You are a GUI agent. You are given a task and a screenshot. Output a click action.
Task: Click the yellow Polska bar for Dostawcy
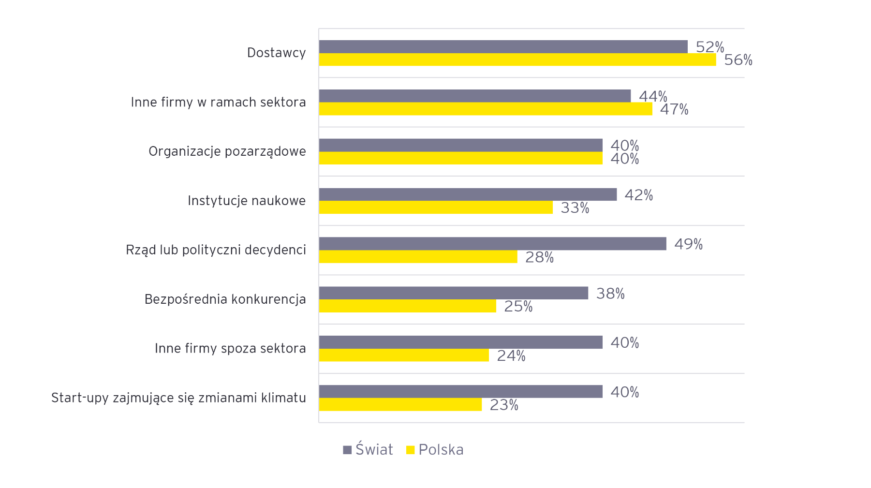pos(517,59)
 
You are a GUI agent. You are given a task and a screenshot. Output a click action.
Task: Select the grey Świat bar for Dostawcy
pos(503,46)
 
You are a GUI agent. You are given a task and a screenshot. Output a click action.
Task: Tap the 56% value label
pos(738,60)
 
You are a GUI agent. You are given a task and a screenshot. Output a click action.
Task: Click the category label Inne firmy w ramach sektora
pos(218,102)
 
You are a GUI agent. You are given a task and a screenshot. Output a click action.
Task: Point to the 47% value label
pos(674,109)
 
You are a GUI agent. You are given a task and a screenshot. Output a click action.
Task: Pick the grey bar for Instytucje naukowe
pos(468,194)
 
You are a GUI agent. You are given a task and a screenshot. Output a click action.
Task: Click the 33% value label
pos(575,208)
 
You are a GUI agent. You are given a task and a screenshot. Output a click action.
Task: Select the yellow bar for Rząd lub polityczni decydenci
pos(418,257)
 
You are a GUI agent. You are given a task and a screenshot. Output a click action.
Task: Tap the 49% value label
pos(688,244)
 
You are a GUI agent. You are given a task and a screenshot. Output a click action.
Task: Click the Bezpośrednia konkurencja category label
pos(225,299)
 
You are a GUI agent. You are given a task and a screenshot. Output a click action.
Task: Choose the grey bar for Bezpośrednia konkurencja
pos(453,293)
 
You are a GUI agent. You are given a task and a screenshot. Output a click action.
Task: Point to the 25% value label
pos(518,307)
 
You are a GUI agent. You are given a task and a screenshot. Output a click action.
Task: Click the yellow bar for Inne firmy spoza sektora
pos(404,355)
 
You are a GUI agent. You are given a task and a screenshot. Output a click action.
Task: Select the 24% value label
pos(511,356)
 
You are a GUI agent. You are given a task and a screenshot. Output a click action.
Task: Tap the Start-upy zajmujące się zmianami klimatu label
pos(178,398)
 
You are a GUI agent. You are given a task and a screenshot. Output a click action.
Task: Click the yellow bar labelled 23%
pos(400,404)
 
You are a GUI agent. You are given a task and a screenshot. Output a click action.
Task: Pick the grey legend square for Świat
pos(347,450)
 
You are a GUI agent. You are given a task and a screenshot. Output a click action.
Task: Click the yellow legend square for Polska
pos(411,450)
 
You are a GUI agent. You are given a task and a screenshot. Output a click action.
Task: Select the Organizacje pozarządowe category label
pos(227,151)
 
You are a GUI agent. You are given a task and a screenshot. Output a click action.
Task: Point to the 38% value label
pos(610,294)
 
